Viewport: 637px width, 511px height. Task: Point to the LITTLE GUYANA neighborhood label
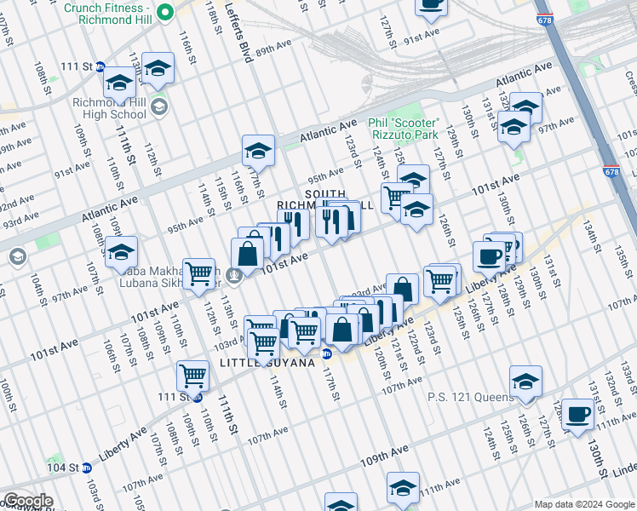pyautogui.click(x=268, y=363)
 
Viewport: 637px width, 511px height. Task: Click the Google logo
pyautogui.click(x=28, y=501)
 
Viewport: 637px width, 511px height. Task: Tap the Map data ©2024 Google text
pyautogui.click(x=584, y=504)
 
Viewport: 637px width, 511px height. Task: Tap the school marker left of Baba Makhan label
pyautogui.click(x=122, y=251)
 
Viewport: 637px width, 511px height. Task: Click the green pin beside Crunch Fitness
pyautogui.click(x=166, y=10)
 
